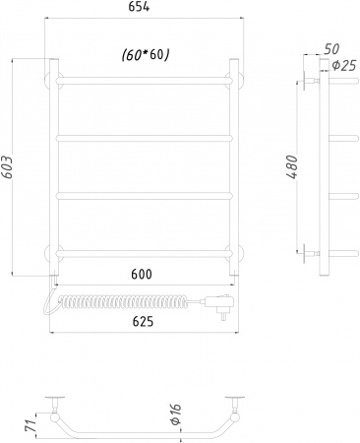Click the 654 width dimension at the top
[139, 7]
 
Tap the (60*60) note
[146, 55]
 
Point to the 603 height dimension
[7, 167]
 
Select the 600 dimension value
[142, 274]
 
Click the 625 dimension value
[143, 322]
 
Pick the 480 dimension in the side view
[291, 167]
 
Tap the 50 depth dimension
[331, 49]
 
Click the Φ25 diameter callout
[344, 66]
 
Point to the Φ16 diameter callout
[176, 414]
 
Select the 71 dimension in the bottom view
[30, 425]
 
